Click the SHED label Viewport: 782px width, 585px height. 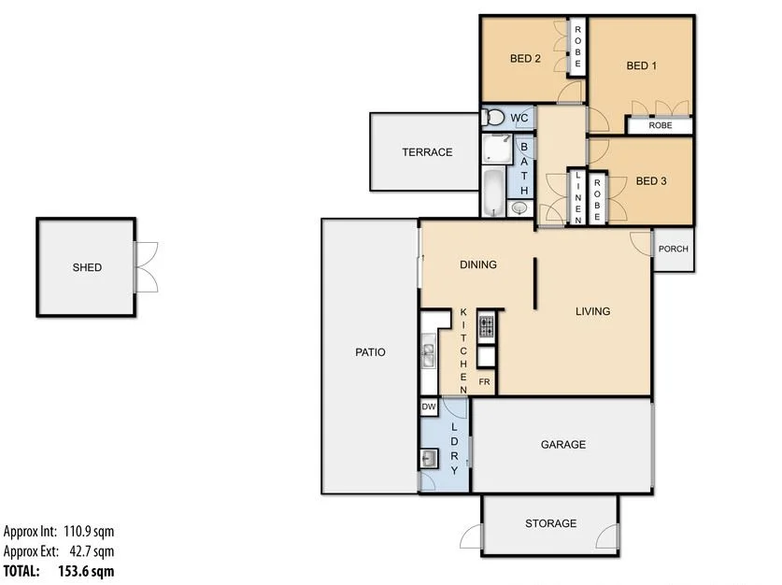[87, 268]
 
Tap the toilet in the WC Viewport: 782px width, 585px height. [492, 117]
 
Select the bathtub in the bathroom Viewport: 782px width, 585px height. [492, 191]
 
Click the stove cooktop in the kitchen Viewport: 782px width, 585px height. [487, 327]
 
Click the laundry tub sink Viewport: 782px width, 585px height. [429, 458]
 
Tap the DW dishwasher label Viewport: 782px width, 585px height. [429, 407]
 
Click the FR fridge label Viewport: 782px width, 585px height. [485, 382]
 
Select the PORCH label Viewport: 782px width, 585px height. [673, 250]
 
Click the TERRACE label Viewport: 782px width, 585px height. [427, 152]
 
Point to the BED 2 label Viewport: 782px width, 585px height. [525, 59]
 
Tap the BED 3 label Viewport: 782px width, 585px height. [651, 181]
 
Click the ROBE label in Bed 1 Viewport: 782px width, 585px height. [660, 125]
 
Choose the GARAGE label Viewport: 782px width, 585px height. [563, 445]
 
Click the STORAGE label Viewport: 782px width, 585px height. [550, 524]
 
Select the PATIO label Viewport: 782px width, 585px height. [370, 352]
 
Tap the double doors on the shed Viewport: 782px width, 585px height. [146, 267]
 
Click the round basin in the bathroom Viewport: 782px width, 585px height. [519, 207]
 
